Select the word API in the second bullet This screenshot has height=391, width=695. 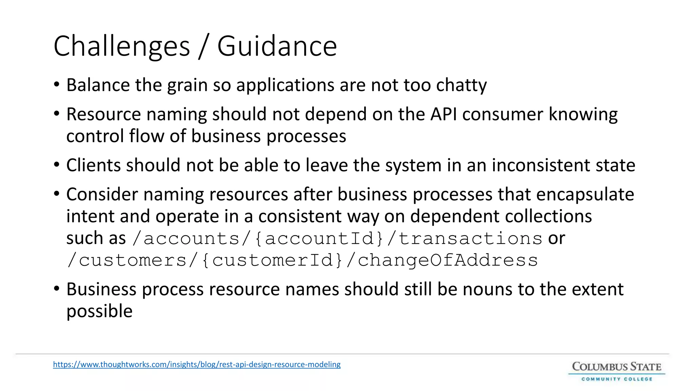[444, 114]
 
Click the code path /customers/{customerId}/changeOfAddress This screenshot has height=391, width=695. [302, 260]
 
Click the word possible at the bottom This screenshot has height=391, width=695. [99, 311]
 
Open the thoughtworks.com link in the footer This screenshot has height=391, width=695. [197, 365]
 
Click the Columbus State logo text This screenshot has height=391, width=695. [617, 367]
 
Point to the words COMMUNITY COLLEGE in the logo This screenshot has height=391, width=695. [617, 379]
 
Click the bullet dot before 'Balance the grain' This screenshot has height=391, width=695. [57, 85]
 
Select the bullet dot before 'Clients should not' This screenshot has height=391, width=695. [57, 165]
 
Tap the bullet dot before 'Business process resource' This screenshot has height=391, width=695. [57, 289]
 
